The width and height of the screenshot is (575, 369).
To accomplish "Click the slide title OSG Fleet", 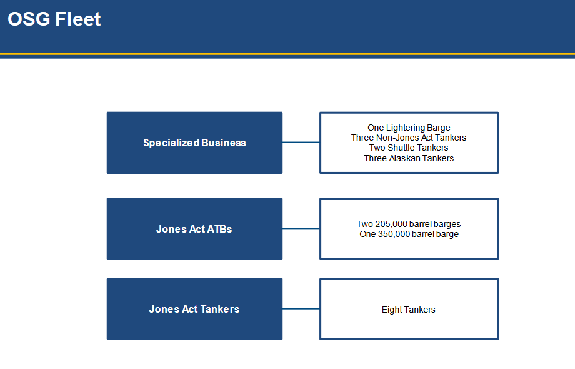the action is click(54, 19).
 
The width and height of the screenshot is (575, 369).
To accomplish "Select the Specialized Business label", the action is click(194, 143).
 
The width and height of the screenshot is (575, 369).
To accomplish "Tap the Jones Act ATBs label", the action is click(194, 230).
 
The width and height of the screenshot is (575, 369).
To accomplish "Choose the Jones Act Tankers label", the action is click(194, 309).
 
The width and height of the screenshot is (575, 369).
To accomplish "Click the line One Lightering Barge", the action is click(409, 128).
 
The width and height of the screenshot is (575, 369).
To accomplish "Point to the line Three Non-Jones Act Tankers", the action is click(409, 138).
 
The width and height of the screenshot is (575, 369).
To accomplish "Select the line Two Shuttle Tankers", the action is click(409, 148).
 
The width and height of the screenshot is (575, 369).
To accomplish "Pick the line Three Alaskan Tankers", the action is click(409, 158).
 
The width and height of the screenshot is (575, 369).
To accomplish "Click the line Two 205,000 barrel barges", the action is click(409, 224).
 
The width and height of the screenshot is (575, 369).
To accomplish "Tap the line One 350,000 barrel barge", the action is click(409, 234).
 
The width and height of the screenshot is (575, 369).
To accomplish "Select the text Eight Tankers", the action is click(409, 310).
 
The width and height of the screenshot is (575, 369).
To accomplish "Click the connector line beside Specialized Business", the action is click(301, 143).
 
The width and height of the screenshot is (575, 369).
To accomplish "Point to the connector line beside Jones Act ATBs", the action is click(301, 228).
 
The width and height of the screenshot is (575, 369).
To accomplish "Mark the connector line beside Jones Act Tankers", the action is click(301, 308).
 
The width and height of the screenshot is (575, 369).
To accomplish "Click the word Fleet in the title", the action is click(77, 19).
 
